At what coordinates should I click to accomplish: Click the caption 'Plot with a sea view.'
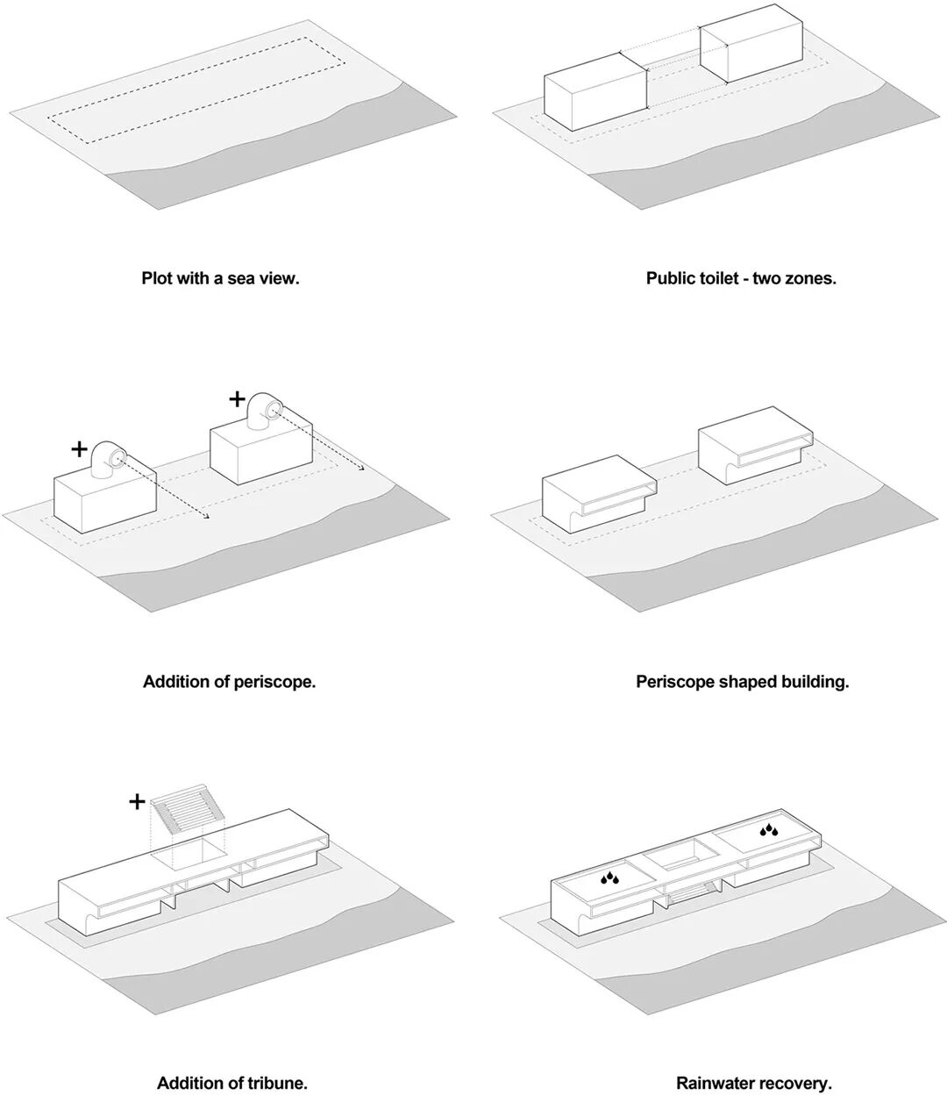[220, 279]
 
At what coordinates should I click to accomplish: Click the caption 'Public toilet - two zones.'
[741, 279]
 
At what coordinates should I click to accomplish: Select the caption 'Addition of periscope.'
[229, 681]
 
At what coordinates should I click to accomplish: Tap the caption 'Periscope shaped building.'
[742, 681]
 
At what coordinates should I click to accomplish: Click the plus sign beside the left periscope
[79, 450]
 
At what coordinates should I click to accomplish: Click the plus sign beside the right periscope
[237, 399]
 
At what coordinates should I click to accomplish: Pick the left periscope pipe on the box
[110, 459]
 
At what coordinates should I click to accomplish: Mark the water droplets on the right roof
[769, 829]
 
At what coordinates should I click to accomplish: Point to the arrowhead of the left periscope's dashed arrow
[207, 517]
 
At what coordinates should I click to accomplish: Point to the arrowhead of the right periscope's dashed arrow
[362, 469]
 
